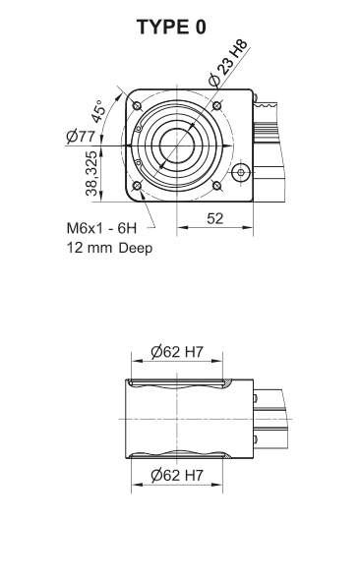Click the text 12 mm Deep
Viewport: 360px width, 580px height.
point(108,247)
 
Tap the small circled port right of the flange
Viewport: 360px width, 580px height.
point(239,173)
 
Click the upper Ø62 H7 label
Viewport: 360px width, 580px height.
point(178,352)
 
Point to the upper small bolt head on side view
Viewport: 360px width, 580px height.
point(256,398)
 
